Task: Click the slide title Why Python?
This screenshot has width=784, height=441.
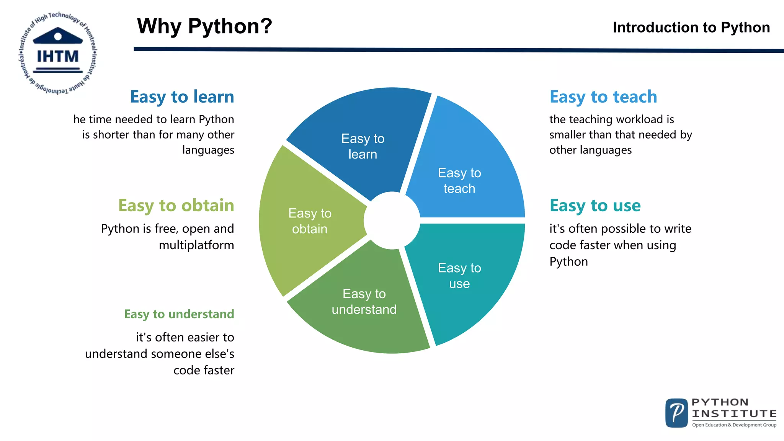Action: coord(204,26)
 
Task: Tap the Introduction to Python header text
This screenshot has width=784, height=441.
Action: coord(691,28)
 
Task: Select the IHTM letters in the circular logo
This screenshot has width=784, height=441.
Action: coord(58,57)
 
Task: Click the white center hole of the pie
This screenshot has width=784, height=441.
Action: coord(392,220)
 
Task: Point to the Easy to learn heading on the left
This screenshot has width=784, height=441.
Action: coord(182,97)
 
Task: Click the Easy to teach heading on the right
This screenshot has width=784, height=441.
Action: coord(603,97)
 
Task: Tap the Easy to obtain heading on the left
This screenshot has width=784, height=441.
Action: coord(176,206)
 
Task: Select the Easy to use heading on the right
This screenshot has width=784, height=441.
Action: coord(595,206)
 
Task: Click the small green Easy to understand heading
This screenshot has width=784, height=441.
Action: coord(179,314)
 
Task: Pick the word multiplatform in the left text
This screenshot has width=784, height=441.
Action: coord(196,245)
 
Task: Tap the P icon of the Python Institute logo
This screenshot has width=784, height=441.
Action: coord(676,413)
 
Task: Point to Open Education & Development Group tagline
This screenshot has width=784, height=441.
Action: coord(734,425)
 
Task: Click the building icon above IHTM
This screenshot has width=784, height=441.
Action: coord(58,36)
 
